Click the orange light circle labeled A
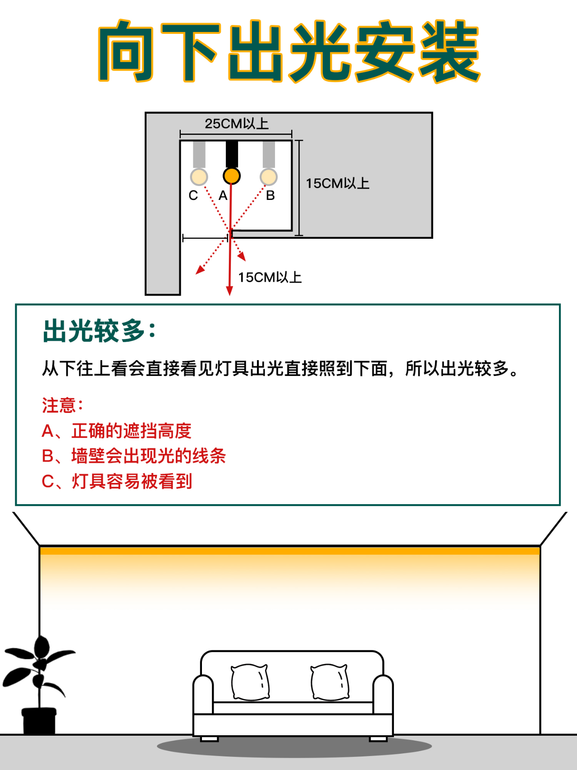click(232, 176)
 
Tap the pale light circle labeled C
click(199, 177)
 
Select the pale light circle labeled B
click(269, 177)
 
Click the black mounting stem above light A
click(232, 154)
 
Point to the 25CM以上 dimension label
click(237, 123)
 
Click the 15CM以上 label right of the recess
click(338, 183)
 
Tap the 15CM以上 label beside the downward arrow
click(270, 277)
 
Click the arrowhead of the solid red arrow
click(229, 291)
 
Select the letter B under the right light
click(270, 195)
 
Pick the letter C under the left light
click(193, 195)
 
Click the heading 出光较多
click(99, 331)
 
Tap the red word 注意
click(63, 405)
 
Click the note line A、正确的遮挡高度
click(117, 431)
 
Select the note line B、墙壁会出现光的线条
click(134, 456)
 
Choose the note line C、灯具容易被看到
click(117, 481)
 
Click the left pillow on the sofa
click(250, 682)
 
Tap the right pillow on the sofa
click(330, 682)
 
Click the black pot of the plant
click(39, 721)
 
